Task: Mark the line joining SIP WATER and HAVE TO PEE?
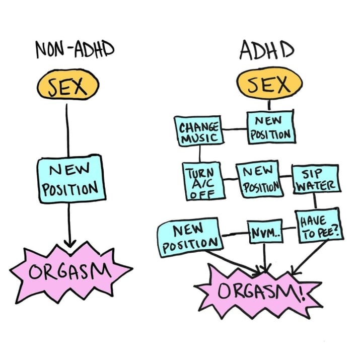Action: click(315, 200)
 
